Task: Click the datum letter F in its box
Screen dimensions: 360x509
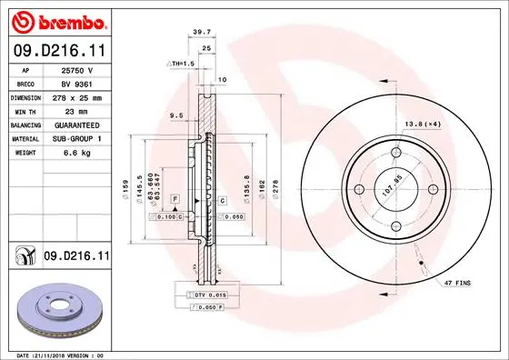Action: [x=174, y=197]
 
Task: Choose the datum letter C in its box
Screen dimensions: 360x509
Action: [x=222, y=197]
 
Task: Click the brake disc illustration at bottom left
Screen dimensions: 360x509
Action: [x=55, y=310]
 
